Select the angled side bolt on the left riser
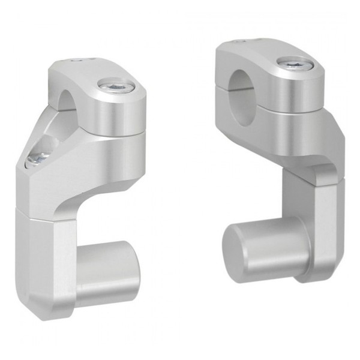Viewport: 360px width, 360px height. [37, 158]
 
